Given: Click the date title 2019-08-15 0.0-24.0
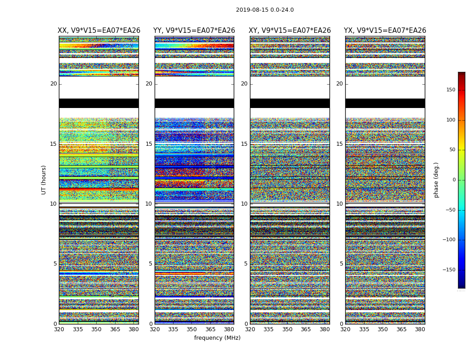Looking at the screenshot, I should [265, 10].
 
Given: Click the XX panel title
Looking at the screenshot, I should [98, 31].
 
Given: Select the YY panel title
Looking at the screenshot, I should [194, 31].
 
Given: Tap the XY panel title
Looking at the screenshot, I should [290, 31].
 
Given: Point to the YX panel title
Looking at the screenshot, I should [385, 31].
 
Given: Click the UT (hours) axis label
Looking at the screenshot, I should [44, 180].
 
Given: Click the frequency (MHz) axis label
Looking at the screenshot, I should [217, 338].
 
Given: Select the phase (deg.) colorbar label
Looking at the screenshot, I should [436, 180].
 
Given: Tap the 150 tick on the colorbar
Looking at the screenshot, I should [451, 90].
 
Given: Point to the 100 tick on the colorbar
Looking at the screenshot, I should [451, 120].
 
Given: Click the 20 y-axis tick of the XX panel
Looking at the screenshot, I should [53, 84].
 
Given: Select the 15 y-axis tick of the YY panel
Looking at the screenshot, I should [149, 144].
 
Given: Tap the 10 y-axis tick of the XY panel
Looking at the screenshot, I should [244, 204].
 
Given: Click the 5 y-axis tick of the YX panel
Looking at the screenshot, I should [341, 264].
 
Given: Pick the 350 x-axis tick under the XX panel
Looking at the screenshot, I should [96, 329].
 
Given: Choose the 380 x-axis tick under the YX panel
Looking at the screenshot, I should [420, 329].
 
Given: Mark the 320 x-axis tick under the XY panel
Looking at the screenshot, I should [250, 329].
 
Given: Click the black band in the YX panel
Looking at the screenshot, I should [385, 103].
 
